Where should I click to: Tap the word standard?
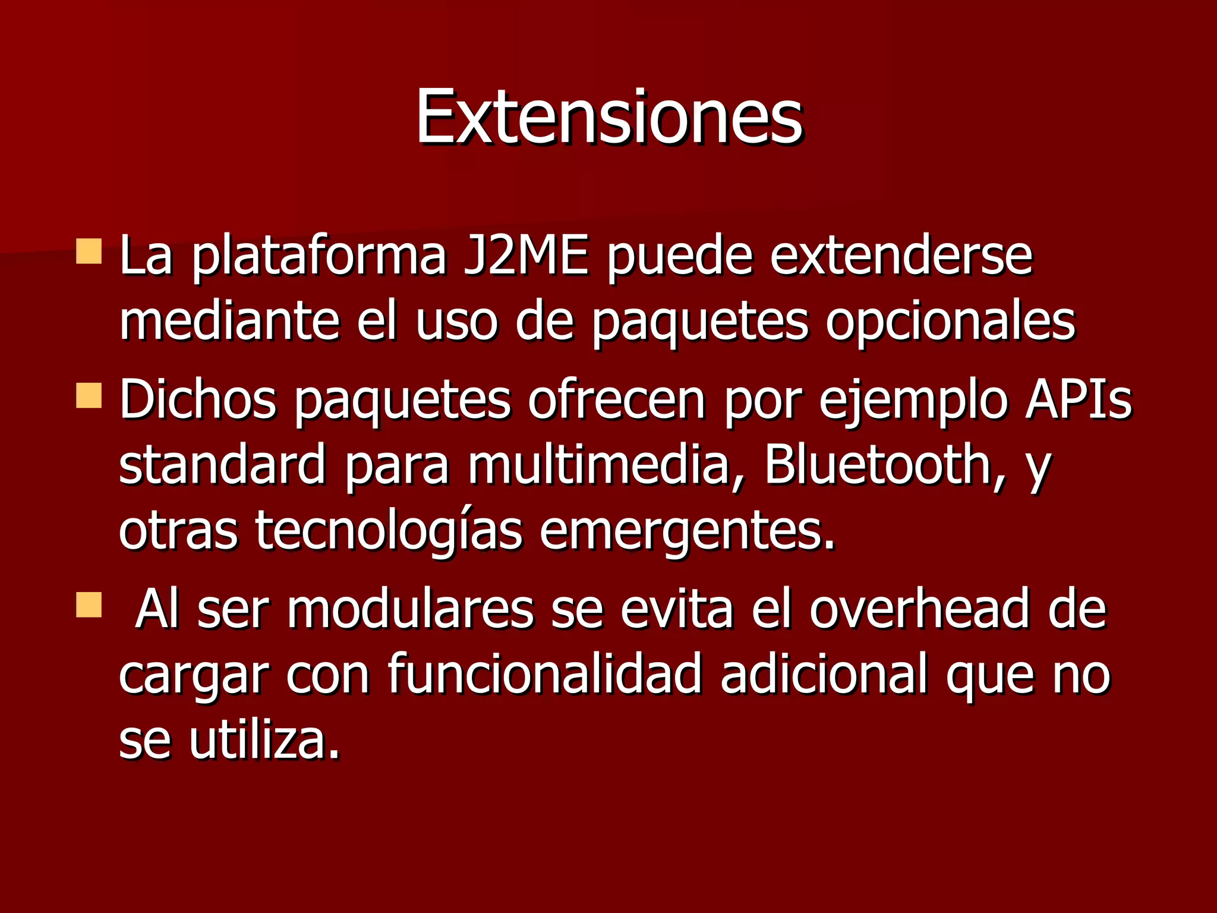pyautogui.click(x=222, y=464)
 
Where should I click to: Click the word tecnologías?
pyautogui.click(x=389, y=531)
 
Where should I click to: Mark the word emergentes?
pyautogui.click(x=687, y=531)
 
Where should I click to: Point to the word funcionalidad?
pyautogui.click(x=544, y=675)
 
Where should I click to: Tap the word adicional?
pyautogui.click(x=824, y=675)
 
